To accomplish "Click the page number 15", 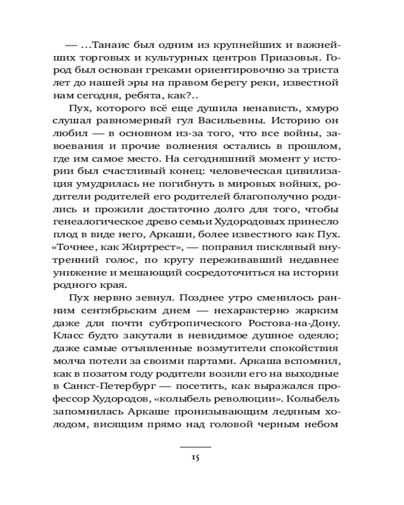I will pos(196,458).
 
